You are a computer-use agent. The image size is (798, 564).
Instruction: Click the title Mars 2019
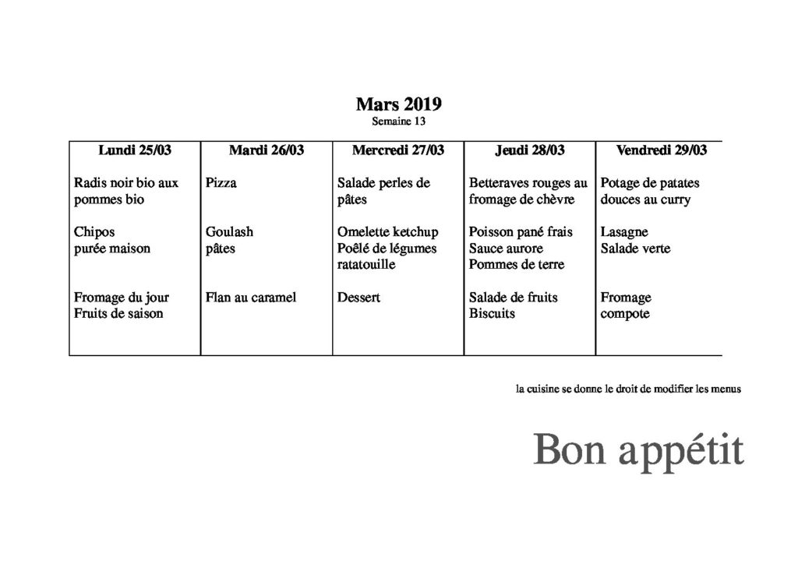tap(398, 104)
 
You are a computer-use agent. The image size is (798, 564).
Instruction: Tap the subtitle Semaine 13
tap(398, 122)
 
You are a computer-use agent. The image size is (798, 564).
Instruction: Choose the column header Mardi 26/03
tap(267, 150)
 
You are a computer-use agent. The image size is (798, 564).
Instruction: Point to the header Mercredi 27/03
tap(398, 150)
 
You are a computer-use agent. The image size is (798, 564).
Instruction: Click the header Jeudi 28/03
tap(530, 150)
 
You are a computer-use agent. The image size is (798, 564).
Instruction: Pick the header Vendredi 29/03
tap(662, 150)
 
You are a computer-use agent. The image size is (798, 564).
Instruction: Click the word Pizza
tap(221, 184)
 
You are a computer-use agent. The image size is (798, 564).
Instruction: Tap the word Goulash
tap(229, 232)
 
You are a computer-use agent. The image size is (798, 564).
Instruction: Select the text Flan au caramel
tap(251, 298)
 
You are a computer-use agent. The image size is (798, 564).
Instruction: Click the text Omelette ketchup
tap(388, 232)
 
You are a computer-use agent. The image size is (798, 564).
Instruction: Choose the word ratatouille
tap(366, 265)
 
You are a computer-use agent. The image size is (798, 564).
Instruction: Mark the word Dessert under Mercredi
tap(358, 298)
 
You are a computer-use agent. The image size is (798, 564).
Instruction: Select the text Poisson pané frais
tap(521, 232)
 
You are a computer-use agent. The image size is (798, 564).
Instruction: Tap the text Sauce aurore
tap(506, 249)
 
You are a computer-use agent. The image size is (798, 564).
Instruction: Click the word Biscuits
tap(493, 314)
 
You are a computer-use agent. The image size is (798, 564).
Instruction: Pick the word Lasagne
tap(624, 232)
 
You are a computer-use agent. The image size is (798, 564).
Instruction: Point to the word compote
tap(625, 314)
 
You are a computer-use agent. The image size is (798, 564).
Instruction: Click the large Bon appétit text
tap(638, 449)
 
